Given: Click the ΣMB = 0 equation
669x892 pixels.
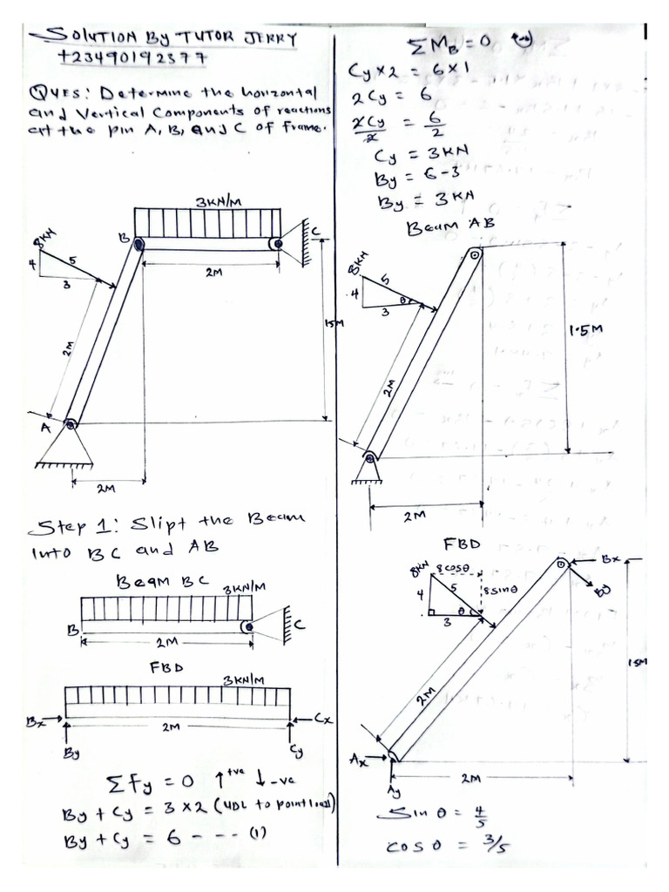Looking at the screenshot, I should click(x=453, y=44).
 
